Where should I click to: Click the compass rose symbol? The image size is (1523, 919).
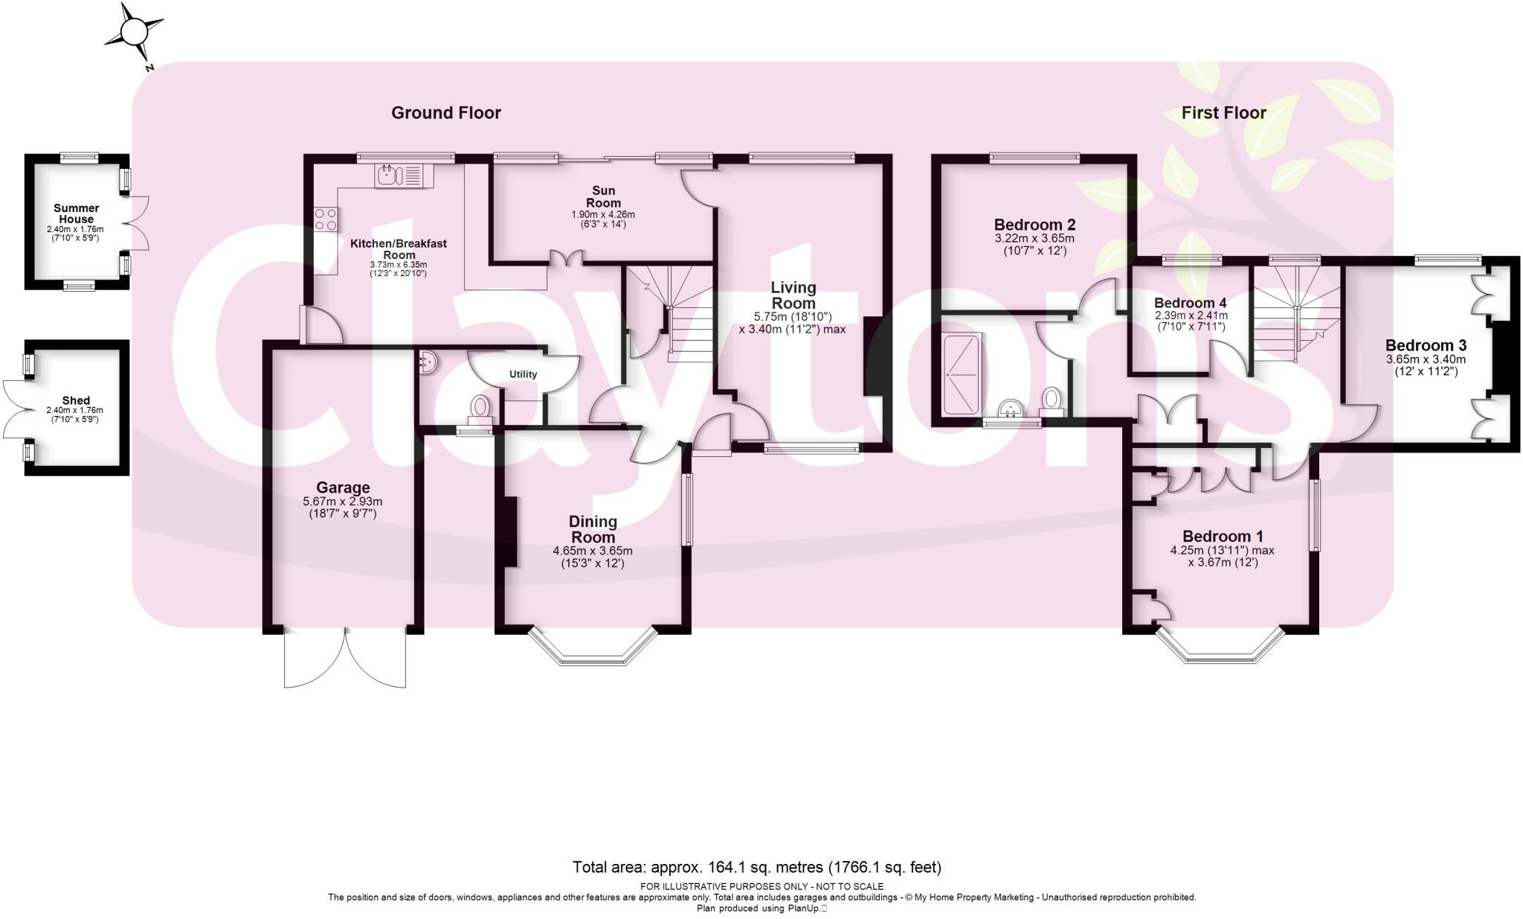point(134,33)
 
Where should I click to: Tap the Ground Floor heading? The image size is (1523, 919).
point(446,113)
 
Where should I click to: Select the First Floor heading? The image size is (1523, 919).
point(1223,113)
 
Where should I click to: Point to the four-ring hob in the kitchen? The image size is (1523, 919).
point(325,219)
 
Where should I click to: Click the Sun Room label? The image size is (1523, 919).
point(603,197)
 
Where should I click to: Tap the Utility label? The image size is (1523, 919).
point(523,374)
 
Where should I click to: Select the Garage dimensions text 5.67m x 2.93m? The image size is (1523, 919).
point(343,502)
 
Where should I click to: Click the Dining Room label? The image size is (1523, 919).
point(593,529)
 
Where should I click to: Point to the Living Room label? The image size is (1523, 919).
point(793,295)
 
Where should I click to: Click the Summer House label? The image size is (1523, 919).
point(76,214)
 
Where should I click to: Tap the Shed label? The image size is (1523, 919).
point(76,400)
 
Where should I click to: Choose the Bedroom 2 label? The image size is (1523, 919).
point(1034,225)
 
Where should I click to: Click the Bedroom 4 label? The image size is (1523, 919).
point(1190,303)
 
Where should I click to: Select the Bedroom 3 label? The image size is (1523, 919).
point(1426,345)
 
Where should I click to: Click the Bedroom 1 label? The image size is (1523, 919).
point(1223,536)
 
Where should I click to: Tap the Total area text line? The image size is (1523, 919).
point(756,867)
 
